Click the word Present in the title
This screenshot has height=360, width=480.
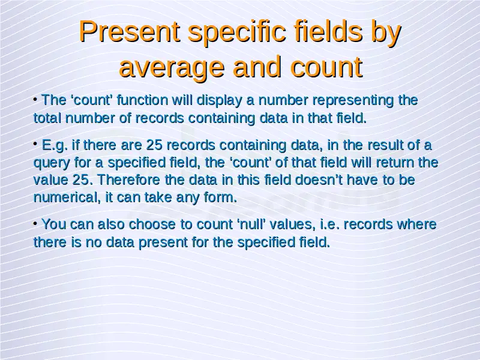pyautogui.click(x=130, y=32)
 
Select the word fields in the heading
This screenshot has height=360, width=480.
pyautogui.click(x=328, y=31)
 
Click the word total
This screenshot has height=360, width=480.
pyautogui.click(x=47, y=118)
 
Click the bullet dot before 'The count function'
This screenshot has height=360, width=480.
pyautogui.click(x=35, y=99)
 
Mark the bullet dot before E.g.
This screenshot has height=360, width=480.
pyautogui.click(x=35, y=143)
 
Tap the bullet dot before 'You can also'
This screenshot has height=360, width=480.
pyautogui.click(x=35, y=223)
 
